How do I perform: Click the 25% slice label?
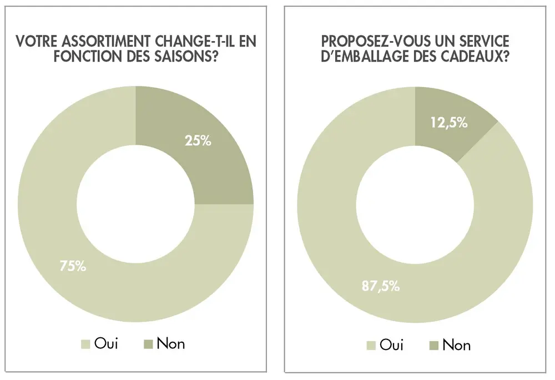(x=198, y=140)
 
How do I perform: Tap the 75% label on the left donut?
(x=73, y=266)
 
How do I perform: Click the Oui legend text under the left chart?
(x=107, y=344)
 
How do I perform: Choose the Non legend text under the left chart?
(x=170, y=344)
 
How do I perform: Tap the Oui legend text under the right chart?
(x=391, y=345)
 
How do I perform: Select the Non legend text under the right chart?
(x=456, y=345)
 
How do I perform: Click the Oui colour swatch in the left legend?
(x=85, y=344)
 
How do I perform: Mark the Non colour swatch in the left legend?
(x=147, y=344)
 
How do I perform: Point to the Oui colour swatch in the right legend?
(x=371, y=346)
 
